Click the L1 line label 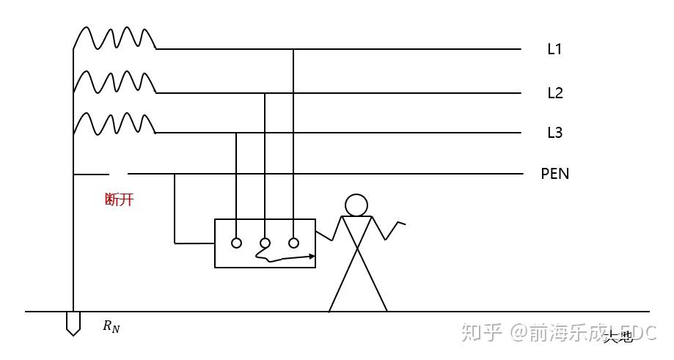(554, 50)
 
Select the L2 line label (555, 93)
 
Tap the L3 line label (555, 133)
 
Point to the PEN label (555, 174)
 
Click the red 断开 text (120, 199)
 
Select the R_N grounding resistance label (111, 326)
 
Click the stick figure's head (356, 205)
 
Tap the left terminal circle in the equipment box (236, 243)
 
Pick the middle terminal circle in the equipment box (265, 243)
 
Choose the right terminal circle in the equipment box (293, 243)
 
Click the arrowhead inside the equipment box (312, 257)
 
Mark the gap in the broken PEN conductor (119, 174)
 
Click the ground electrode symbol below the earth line (73, 323)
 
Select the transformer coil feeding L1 (115, 38)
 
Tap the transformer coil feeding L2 (115, 82)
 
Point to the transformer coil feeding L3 (115, 123)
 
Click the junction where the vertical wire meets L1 (293, 49)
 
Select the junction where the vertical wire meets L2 (265, 93)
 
